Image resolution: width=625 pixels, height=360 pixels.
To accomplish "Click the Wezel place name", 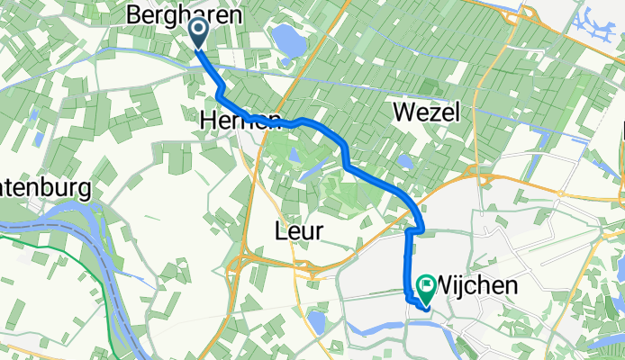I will point(427,112).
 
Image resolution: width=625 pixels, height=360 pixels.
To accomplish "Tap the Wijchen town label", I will point(477,286).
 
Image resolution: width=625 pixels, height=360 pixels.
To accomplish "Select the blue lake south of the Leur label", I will point(316,320).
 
